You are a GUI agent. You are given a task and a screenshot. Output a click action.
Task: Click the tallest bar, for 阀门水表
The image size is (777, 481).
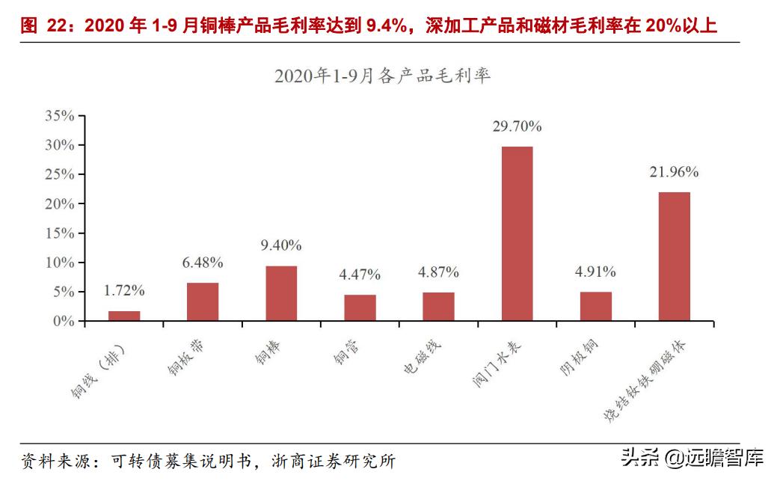point(517,233)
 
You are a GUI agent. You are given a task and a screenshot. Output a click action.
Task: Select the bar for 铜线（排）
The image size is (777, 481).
point(124,316)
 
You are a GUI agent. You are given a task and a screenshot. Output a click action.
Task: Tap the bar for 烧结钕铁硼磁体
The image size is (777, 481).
point(674,257)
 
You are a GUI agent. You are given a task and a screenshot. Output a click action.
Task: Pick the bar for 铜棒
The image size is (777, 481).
point(281,293)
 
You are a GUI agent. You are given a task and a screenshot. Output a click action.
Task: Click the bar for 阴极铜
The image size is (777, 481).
point(595,306)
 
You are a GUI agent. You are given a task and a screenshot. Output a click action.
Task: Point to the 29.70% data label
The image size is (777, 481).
point(517,126)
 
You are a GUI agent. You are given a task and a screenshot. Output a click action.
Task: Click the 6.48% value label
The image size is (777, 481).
point(203,263)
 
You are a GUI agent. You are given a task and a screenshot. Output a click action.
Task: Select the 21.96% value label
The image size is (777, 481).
point(674,172)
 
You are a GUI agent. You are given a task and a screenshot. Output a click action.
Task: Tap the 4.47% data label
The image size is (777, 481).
point(360,275)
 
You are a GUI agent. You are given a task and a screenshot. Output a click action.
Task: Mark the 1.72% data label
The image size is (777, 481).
point(124,290)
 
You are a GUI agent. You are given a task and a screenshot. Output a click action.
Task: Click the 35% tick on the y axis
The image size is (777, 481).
point(60,116)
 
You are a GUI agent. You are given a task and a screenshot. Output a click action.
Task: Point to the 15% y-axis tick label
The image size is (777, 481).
point(60,233)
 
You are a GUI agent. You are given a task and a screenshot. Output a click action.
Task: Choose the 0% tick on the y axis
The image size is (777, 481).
point(64,322)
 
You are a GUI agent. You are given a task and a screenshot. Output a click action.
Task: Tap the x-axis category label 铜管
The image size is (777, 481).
point(349,352)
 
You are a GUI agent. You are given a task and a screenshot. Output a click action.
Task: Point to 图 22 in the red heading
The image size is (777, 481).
point(40,27)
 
